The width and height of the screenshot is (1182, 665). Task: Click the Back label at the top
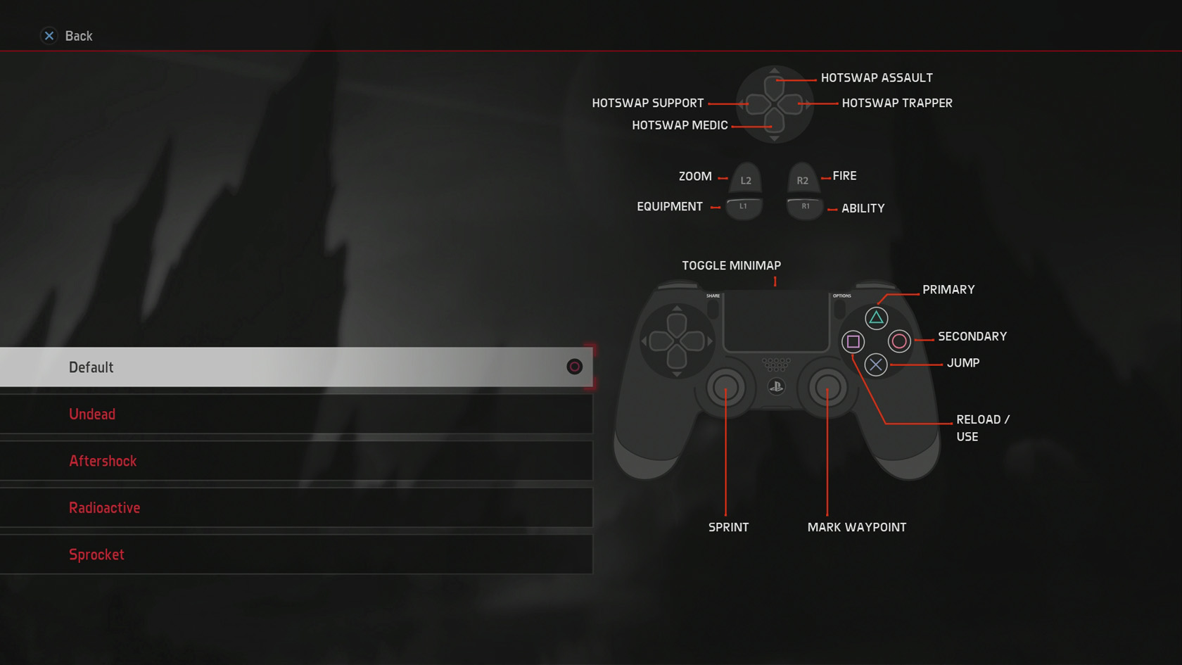click(x=78, y=36)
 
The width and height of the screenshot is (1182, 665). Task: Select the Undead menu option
click(x=92, y=414)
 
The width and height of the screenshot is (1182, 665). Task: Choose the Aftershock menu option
click(x=103, y=461)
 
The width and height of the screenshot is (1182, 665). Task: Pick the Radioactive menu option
click(x=104, y=508)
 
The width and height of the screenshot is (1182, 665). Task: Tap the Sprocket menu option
click(x=96, y=555)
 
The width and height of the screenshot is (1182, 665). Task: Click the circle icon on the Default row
click(x=574, y=367)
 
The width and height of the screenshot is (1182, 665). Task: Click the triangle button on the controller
click(x=876, y=318)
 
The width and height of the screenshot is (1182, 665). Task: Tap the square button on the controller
click(x=853, y=342)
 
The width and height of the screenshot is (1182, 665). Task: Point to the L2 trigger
click(x=746, y=179)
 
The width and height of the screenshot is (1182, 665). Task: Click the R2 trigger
click(x=802, y=179)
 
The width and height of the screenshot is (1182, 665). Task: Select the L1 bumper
click(x=744, y=207)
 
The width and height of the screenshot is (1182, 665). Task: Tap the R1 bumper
click(x=805, y=207)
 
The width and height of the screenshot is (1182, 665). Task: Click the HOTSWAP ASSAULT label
click(x=877, y=78)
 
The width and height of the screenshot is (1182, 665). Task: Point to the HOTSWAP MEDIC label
click(x=680, y=125)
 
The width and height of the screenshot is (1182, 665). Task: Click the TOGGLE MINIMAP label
click(x=731, y=265)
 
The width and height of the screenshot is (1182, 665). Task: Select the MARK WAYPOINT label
click(x=856, y=527)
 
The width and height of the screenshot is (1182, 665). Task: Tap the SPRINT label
click(x=728, y=527)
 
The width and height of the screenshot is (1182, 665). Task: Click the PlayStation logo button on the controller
click(x=776, y=386)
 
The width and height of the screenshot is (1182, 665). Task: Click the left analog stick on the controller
click(x=725, y=387)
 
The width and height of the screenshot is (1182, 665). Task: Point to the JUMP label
click(x=962, y=363)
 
